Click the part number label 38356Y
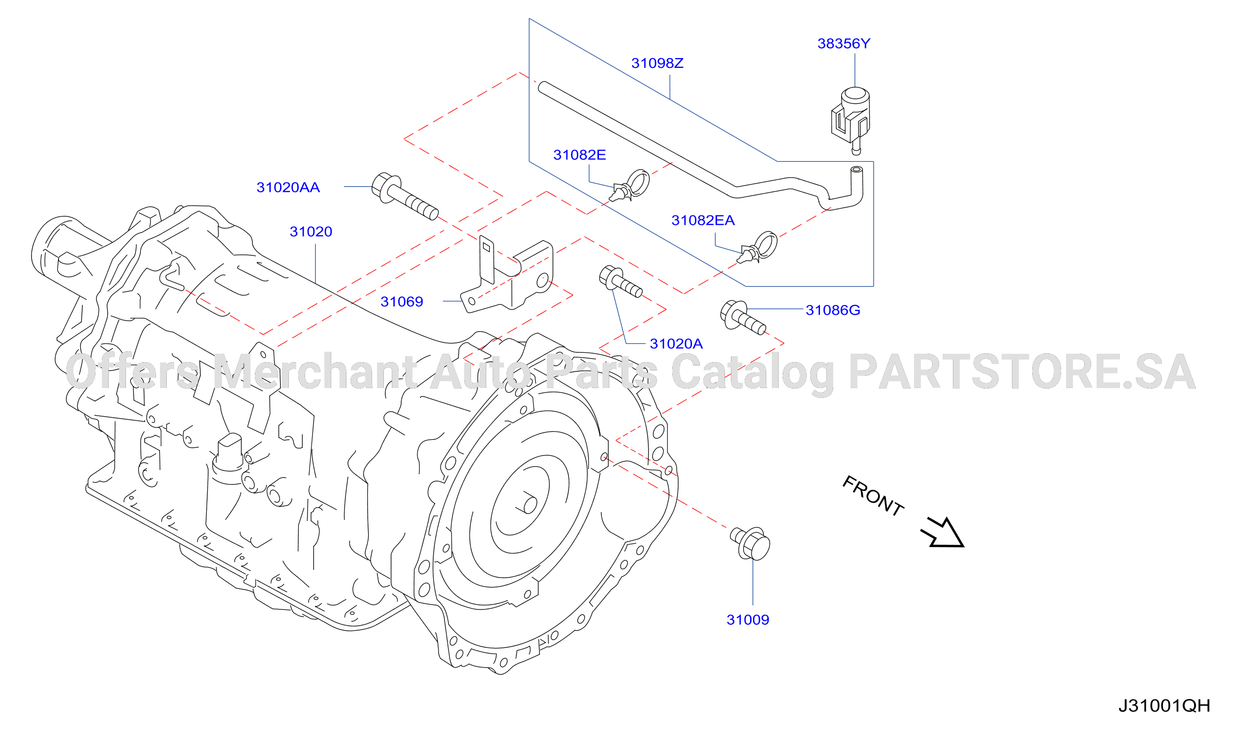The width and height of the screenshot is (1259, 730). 843,44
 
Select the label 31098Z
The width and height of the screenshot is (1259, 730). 657,63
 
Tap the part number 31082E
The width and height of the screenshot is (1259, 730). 579,155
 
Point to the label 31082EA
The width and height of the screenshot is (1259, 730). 703,220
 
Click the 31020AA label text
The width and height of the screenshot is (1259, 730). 288,187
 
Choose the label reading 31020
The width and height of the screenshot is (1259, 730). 311,232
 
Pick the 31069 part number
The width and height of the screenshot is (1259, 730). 402,302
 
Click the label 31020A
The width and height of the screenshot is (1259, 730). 676,343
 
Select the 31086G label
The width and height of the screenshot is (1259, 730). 833,310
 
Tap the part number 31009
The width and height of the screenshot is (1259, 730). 748,620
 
